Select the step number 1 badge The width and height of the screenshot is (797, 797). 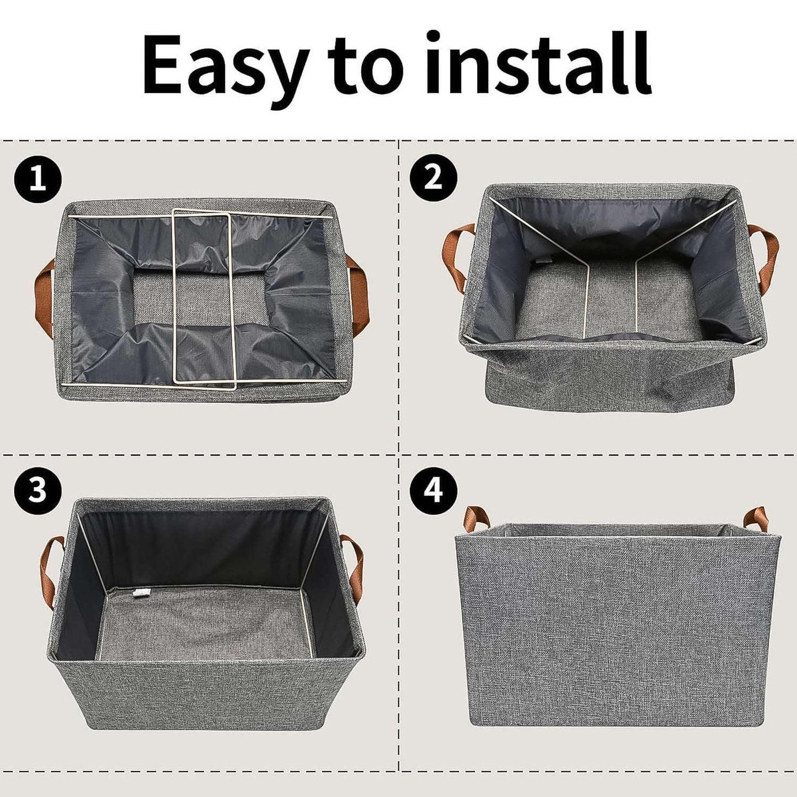coord(38,180)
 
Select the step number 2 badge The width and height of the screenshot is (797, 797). coord(434,178)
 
